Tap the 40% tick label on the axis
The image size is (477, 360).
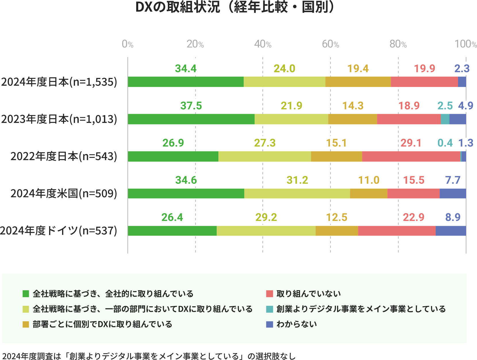[x=263, y=44]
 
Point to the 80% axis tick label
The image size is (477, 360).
[x=398, y=44]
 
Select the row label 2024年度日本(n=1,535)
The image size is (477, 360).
[x=59, y=82]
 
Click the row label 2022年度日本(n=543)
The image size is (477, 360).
[x=64, y=157]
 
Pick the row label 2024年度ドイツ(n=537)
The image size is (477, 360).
[x=59, y=231]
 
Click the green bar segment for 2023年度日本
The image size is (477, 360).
[x=191, y=119]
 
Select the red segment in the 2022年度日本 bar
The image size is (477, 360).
[x=411, y=156]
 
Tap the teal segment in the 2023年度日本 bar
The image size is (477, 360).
[x=445, y=119]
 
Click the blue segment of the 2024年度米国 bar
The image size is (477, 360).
[x=453, y=193]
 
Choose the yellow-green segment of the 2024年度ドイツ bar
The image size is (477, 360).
[x=266, y=231]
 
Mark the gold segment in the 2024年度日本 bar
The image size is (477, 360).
[x=358, y=82]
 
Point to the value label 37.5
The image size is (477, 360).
[x=191, y=106]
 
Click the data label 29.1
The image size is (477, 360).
[x=411, y=143]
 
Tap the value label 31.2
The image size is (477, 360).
[x=297, y=180]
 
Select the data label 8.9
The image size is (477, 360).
[x=453, y=217]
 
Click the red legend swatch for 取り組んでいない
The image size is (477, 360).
[x=269, y=294]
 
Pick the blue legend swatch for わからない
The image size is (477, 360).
[x=269, y=324]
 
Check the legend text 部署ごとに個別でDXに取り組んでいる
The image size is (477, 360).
[x=102, y=324]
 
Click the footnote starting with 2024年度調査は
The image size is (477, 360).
[x=149, y=356]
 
